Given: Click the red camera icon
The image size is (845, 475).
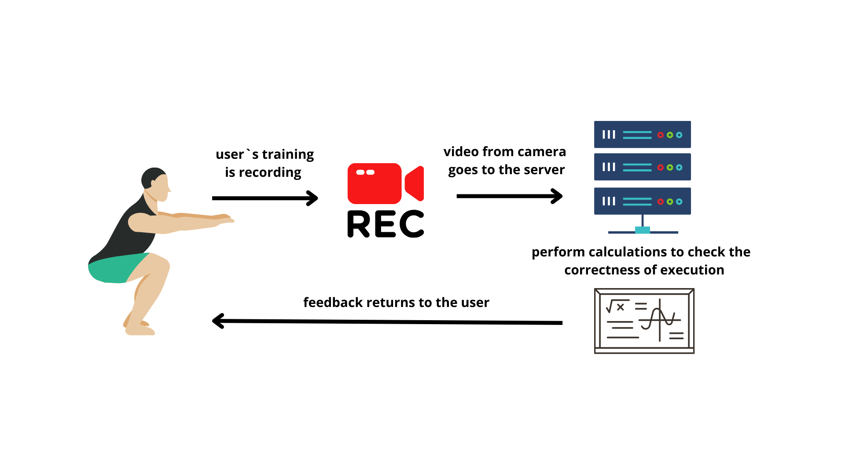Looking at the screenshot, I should (x=385, y=183).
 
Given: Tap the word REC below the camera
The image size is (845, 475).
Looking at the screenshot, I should (x=386, y=224).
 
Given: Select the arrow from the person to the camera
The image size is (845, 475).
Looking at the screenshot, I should (x=265, y=198).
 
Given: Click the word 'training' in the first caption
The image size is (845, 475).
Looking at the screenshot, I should (x=288, y=155).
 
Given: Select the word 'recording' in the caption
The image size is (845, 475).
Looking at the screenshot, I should (x=270, y=173).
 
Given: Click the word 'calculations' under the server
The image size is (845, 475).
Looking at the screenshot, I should (x=627, y=252).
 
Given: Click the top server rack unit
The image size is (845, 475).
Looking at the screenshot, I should (x=642, y=135).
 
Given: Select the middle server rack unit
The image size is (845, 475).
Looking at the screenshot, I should (x=642, y=167).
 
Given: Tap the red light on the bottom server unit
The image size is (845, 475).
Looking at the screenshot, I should (x=660, y=202).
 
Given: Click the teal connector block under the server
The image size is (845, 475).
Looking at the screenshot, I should (x=643, y=230).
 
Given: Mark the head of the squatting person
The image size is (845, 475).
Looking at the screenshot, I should (x=155, y=183).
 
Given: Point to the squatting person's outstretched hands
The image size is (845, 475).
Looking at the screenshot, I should (x=224, y=219).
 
